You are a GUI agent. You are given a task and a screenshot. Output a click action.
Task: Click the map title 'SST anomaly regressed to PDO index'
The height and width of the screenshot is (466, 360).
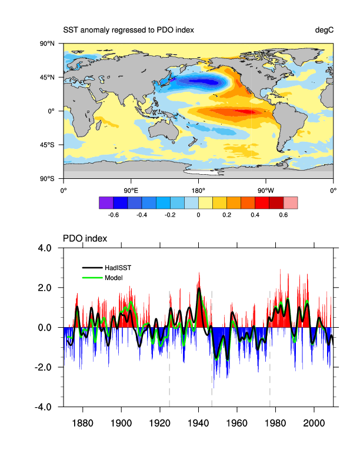click(128, 30)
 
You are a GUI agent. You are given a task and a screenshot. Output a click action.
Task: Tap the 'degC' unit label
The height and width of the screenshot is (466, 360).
click(324, 30)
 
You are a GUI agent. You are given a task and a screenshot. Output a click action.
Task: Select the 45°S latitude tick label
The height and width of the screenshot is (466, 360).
click(47, 145)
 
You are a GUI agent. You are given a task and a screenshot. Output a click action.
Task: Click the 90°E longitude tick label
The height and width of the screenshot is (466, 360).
click(131, 190)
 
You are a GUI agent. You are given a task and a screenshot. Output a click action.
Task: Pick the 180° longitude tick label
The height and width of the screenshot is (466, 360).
click(198, 190)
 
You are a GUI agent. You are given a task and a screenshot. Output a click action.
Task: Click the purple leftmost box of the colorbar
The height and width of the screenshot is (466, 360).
click(106, 202)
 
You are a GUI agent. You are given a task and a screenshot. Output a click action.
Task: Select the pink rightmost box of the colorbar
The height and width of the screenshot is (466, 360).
click(291, 202)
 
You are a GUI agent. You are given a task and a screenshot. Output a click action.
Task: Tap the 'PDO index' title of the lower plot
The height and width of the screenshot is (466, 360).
click(85, 238)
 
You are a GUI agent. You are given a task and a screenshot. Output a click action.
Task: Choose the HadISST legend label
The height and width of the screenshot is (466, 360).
click(118, 268)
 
